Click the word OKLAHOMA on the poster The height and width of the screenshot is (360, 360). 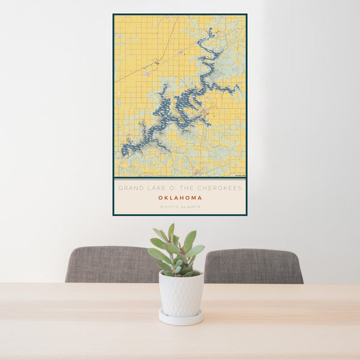(180, 197)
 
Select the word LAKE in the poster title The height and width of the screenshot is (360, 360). (154, 188)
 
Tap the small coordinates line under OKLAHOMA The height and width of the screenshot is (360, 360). (180, 207)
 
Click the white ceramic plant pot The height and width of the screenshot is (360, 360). (181, 294)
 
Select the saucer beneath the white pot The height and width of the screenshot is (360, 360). (181, 318)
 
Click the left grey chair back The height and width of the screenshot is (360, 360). (111, 264)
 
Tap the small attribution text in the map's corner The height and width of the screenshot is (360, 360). (240, 175)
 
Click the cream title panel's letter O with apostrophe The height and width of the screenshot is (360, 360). (176, 188)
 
